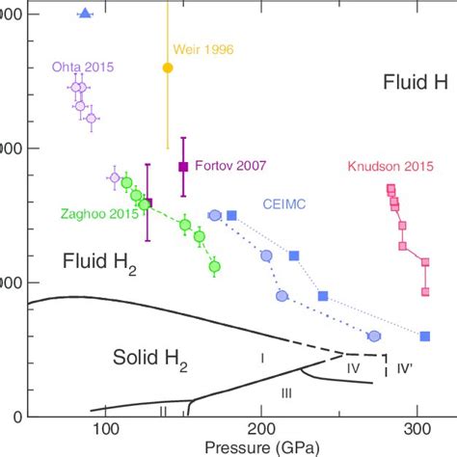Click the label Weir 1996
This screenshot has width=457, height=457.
(202, 49)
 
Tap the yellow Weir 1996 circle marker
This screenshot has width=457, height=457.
(168, 68)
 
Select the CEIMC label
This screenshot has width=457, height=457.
(285, 204)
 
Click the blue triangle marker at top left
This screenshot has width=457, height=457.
(85, 13)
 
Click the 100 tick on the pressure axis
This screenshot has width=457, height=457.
(105, 430)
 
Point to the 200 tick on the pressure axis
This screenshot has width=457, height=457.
(261, 430)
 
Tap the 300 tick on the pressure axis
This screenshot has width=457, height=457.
(417, 430)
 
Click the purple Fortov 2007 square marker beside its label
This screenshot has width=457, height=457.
(183, 167)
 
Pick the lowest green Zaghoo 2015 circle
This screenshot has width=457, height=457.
(214, 266)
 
